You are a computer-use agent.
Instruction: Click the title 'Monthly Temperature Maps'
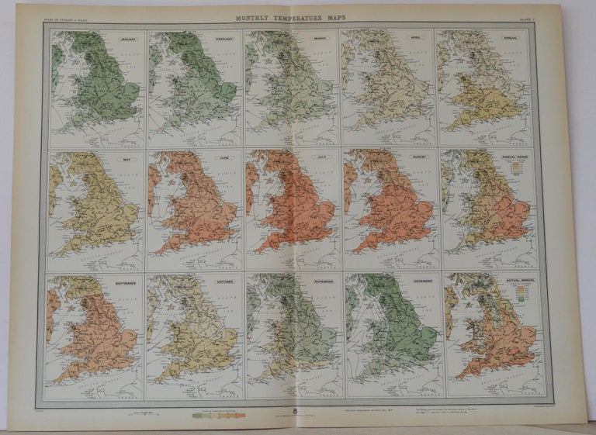[292, 16]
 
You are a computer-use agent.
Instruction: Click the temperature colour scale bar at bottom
[220, 416]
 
